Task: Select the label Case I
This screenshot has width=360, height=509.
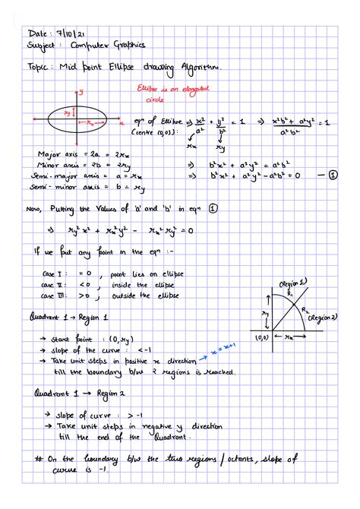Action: [56, 272]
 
